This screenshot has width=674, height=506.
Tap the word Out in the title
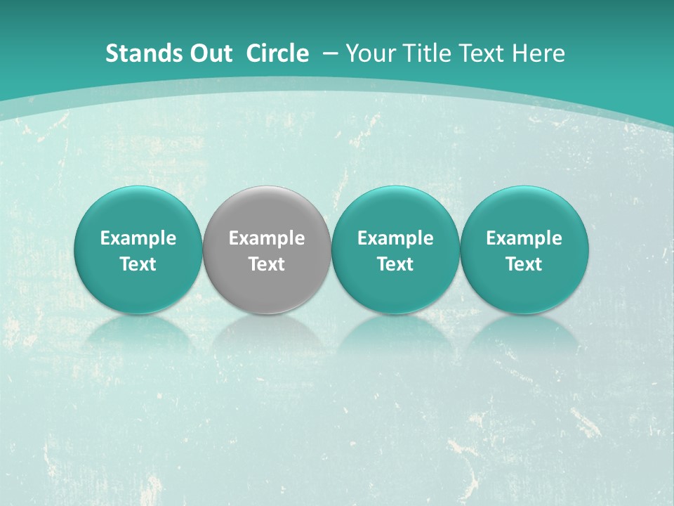pos(209,53)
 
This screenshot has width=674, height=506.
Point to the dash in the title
pos(329,54)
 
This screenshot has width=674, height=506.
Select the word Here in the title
pos(536,53)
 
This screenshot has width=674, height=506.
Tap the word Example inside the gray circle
pos(267,238)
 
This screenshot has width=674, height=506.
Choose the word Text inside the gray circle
pos(267,264)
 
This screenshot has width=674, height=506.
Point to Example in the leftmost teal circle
pos(138,238)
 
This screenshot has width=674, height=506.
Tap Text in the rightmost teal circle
pos(524,264)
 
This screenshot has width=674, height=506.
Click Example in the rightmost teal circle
pos(524,238)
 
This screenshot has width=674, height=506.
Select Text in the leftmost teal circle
pos(138,264)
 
